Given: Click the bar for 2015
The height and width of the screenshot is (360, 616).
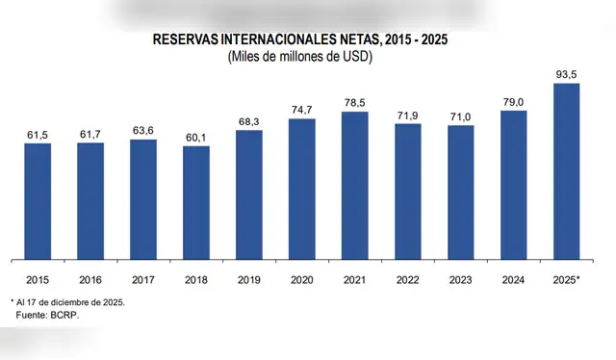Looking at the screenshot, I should tap(38, 201).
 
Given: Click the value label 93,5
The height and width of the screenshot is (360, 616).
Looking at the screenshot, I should tap(566, 73).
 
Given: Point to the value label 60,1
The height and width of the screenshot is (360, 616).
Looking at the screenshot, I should tap(196, 136).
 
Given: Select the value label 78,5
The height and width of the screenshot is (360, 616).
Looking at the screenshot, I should tap(355, 101).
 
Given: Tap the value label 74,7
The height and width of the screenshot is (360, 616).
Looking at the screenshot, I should tap(302, 109).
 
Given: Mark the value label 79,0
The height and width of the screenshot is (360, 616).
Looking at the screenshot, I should tap(513, 100).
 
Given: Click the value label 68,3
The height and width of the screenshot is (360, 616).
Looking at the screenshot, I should tap(249, 120).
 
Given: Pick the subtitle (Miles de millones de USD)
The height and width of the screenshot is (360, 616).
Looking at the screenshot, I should tap(299, 57).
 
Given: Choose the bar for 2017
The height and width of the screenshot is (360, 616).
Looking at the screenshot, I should tap(143, 199).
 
